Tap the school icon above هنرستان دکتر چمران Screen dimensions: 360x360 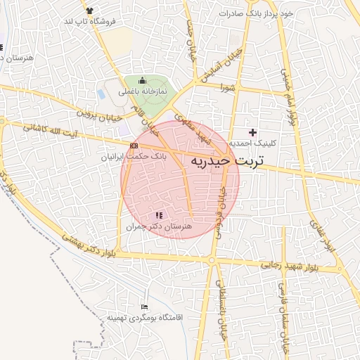(x=158, y=214)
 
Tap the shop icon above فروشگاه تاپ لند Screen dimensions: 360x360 (x=89, y=11)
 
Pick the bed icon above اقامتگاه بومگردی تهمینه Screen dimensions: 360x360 (x=144, y=307)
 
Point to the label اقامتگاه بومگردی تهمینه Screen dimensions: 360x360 (x=144, y=318)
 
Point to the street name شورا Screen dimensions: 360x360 (x=226, y=88)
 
